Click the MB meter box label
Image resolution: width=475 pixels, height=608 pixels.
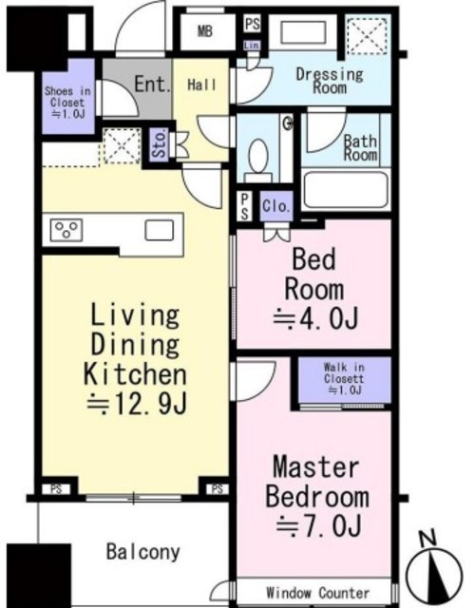click(x=205, y=31)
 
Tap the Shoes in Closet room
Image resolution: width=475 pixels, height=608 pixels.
click(x=68, y=96)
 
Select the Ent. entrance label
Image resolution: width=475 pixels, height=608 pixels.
click(x=153, y=85)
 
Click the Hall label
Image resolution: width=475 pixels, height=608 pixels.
click(x=202, y=85)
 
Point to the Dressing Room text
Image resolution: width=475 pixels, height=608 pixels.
click(x=330, y=81)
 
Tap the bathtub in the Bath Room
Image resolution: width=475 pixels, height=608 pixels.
click(x=346, y=190)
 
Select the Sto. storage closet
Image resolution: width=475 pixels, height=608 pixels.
click(x=160, y=145)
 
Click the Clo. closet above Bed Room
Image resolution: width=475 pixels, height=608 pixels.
click(x=276, y=205)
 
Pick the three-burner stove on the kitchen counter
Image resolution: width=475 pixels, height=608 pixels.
click(x=66, y=230)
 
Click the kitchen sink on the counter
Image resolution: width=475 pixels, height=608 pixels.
click(x=160, y=230)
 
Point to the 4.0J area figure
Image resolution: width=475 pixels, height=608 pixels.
click(x=315, y=319)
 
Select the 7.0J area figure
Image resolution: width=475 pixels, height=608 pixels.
click(x=319, y=526)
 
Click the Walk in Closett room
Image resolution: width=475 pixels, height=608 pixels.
click(x=344, y=380)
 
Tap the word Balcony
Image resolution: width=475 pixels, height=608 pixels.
click(x=143, y=551)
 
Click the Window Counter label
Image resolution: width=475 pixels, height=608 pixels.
click(x=318, y=593)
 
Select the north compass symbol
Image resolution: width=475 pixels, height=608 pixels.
click(x=434, y=571)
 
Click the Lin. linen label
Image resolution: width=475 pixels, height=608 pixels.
click(x=252, y=46)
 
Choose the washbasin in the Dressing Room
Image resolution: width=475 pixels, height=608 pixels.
click(x=303, y=31)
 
